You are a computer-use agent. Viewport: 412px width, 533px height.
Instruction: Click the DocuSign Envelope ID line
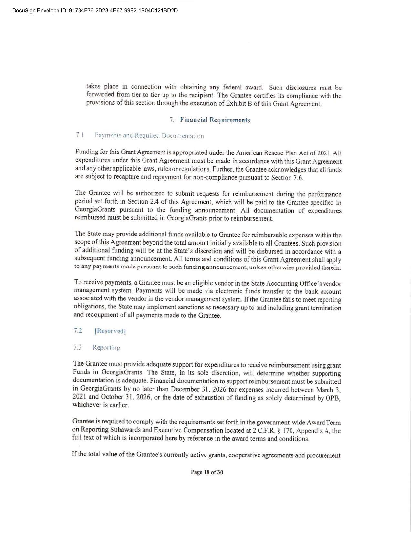click(95, 10)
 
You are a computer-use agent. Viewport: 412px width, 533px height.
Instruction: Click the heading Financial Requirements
click(215, 120)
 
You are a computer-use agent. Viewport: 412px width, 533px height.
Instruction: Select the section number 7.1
click(80, 135)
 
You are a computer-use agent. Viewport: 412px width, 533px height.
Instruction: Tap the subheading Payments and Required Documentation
click(149, 136)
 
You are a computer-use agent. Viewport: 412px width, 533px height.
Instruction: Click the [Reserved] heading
click(110, 331)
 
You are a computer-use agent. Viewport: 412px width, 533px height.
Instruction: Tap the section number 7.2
click(78, 331)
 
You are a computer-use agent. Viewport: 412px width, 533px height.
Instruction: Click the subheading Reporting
click(106, 348)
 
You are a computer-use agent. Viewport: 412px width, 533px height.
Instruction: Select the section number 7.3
click(77, 347)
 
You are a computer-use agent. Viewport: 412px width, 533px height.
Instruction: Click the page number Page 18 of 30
click(207, 472)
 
